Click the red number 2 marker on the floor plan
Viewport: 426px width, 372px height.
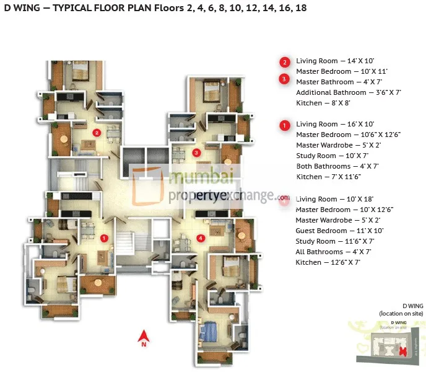(97, 132)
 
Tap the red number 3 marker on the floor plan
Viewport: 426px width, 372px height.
(196, 153)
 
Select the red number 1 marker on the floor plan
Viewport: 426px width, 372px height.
(104, 237)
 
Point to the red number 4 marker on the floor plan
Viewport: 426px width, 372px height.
(200, 237)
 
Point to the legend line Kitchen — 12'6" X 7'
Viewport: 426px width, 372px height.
(328, 262)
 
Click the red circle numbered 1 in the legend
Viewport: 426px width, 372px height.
(284, 125)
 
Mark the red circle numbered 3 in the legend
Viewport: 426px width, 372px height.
(284, 79)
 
